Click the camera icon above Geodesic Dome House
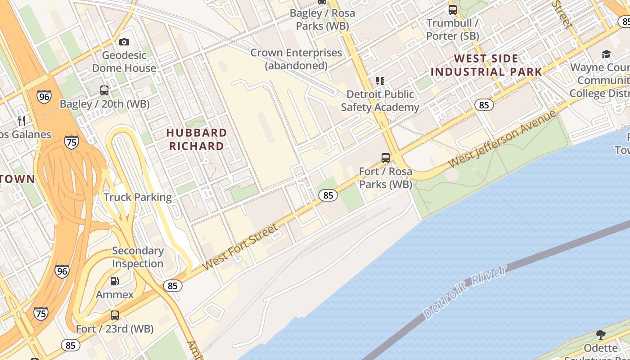124,42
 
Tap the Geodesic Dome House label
124,62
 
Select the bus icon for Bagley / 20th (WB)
104,90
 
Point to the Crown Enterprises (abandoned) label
296,59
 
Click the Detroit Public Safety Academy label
380,100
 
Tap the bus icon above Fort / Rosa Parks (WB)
386,157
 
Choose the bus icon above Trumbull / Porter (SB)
453,9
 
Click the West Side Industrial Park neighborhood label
486,65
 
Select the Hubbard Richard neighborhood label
196,139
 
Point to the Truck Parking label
137,197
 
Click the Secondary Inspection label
138,257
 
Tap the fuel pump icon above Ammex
115,281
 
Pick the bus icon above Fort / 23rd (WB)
115,315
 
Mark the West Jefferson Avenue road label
503,138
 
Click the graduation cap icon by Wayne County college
606,54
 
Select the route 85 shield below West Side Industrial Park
484,105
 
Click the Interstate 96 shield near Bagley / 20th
44,96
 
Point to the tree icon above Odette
600,334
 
